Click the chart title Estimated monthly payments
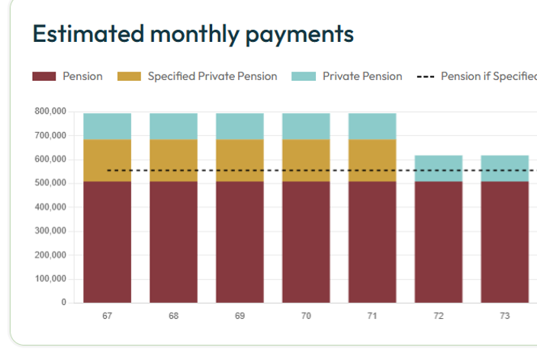(193, 34)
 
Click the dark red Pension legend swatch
(44, 76)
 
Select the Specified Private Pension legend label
(212, 76)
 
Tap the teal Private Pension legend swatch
(303, 76)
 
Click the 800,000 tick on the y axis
(50, 112)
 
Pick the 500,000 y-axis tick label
(50, 183)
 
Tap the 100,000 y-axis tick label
(50, 278)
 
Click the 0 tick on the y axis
(64, 303)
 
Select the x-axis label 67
(107, 316)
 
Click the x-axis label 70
(306, 316)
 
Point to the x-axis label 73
(504, 316)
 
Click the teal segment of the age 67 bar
(107, 126)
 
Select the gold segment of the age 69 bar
(240, 160)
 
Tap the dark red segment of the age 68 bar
(173, 242)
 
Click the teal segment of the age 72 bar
(438, 168)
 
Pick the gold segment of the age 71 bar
(372, 160)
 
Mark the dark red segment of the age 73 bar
(504, 242)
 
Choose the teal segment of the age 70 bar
(306, 126)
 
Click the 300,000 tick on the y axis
(50, 231)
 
